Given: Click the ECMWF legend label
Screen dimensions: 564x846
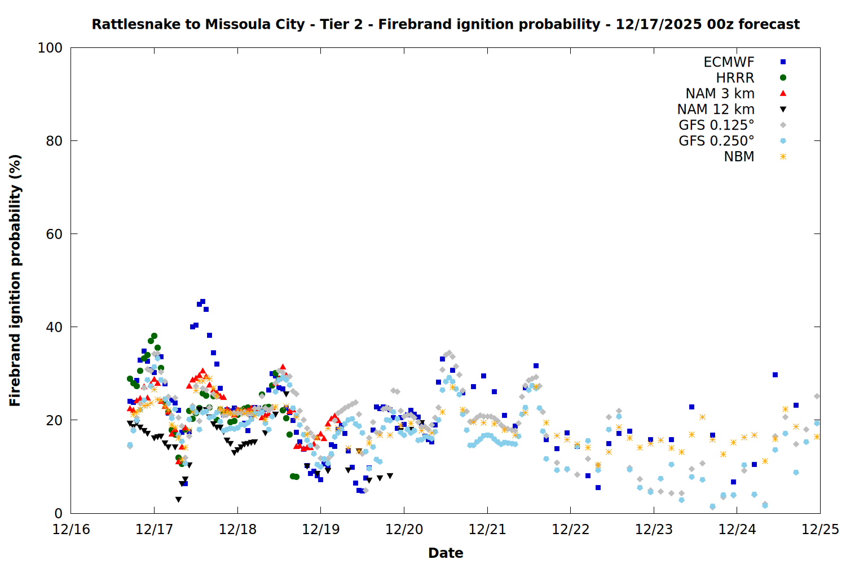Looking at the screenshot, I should (729, 62).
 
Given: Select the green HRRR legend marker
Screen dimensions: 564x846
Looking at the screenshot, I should (783, 78).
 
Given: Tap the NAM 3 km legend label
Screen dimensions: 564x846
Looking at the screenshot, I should (720, 94).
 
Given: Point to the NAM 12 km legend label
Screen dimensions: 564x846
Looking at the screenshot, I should (716, 109).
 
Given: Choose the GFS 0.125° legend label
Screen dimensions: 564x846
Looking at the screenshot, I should (716, 125).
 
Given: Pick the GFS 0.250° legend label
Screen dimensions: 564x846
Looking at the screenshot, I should (716, 141).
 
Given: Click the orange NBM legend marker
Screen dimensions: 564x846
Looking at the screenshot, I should (783, 157).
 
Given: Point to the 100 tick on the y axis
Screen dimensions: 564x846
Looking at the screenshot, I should (50, 48).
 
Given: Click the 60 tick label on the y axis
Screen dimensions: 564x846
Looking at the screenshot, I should (54, 234).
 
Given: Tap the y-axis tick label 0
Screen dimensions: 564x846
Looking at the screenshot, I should (58, 513).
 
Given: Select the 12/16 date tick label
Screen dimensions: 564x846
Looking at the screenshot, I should (71, 530).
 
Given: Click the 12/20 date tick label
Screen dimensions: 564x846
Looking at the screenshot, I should (404, 530).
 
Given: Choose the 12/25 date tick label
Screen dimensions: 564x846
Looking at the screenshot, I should (820, 530).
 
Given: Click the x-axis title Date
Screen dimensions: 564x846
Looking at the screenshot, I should (446, 553).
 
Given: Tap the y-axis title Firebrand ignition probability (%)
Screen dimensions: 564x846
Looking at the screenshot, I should (15, 280).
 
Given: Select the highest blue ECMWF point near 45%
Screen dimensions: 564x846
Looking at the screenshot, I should (202, 302).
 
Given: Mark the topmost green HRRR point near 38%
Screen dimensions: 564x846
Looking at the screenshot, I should (154, 336).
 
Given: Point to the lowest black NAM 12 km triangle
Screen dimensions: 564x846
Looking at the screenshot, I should (178, 500).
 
